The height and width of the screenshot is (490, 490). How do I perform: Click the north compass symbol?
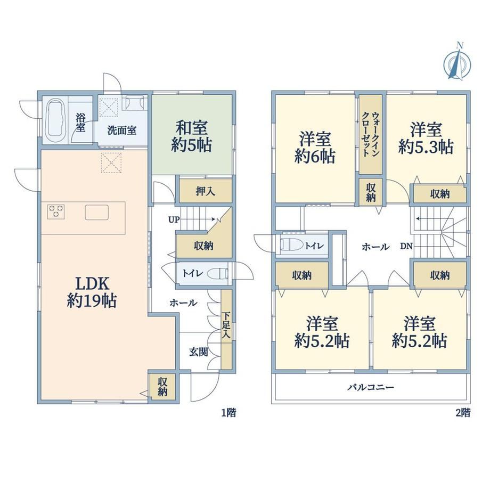click(x=457, y=62)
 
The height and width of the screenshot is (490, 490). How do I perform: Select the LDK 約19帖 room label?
click(x=92, y=292)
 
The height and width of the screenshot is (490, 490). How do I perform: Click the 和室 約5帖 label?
click(x=191, y=136)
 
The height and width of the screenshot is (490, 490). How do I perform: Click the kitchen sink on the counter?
click(x=97, y=212)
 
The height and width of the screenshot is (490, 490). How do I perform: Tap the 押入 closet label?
click(x=205, y=191)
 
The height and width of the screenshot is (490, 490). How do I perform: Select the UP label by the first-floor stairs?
click(x=174, y=219)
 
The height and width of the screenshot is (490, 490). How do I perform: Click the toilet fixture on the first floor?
click(x=217, y=274)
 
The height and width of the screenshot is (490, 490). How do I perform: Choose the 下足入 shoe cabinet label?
click(x=226, y=325)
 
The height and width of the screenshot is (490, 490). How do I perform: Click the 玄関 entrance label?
click(x=199, y=352)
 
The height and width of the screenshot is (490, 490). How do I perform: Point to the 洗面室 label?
click(x=122, y=130)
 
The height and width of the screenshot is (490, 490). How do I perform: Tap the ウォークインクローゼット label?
click(x=371, y=134)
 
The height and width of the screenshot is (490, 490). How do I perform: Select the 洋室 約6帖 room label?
click(x=315, y=148)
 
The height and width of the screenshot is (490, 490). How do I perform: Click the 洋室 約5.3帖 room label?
click(x=426, y=138)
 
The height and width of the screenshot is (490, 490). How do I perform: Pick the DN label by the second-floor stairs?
click(x=406, y=246)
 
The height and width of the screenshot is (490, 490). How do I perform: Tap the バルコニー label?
click(x=371, y=388)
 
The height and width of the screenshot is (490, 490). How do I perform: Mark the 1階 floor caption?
click(x=228, y=413)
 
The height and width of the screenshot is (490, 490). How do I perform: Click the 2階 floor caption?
click(x=463, y=413)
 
